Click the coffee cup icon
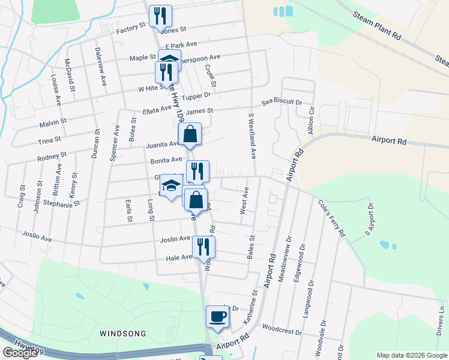217,316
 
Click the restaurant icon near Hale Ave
203,246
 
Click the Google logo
20,353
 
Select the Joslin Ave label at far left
37,238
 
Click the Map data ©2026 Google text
412,355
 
